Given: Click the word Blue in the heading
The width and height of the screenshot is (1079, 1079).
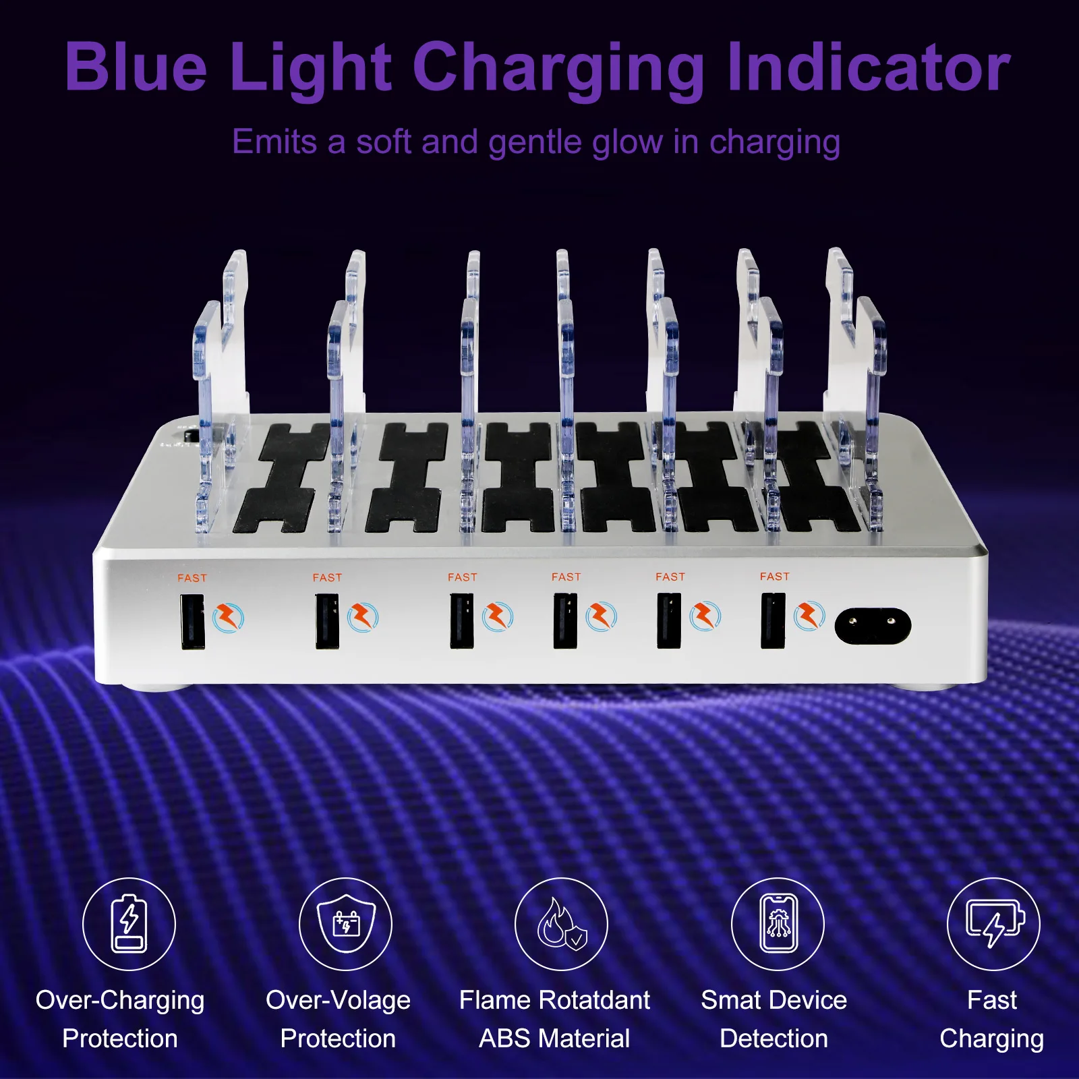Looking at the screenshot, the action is point(136,67).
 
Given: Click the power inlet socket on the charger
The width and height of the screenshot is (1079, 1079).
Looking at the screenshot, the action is point(873,626).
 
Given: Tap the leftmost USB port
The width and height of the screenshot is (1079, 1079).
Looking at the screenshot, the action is point(193,621).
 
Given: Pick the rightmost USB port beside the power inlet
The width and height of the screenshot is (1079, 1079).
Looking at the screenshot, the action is point(773,620).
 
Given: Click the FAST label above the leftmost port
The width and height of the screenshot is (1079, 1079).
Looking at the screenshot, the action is point(192,578).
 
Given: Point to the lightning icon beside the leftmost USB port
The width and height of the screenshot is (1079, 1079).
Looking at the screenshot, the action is point(229,618).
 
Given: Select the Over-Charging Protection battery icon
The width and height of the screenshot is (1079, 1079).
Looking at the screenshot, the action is point(129,923).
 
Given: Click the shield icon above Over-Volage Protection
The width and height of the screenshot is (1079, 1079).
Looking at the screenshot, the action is point(346,923).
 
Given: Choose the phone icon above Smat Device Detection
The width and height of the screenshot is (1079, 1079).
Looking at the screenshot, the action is point(778,923).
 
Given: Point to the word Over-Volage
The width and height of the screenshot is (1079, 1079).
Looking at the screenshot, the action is point(338,1001).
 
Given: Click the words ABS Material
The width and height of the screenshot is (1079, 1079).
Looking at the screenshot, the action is point(554,1039).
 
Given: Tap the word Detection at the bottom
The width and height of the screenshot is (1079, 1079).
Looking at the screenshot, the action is point(774,1039).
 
